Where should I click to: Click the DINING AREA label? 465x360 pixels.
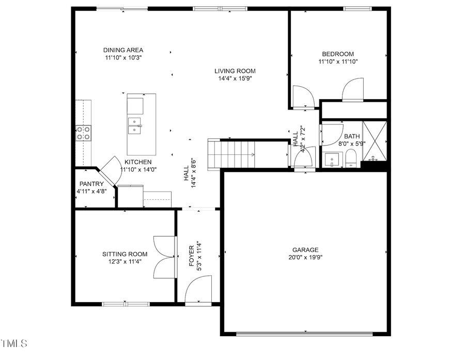pos(123,50)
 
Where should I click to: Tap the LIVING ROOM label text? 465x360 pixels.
pos(235,71)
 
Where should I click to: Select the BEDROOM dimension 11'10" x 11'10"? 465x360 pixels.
pos(338,61)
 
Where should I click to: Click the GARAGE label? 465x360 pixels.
pos(306,249)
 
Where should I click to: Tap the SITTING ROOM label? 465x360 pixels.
pos(125,254)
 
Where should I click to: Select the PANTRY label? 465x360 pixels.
pos(91,184)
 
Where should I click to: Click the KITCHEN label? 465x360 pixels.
pos(138,162)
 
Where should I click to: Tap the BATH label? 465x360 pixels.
pos(352,136)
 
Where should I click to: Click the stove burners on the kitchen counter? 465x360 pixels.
pos(84,133)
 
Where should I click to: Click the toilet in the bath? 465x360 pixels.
pos(351,158)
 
